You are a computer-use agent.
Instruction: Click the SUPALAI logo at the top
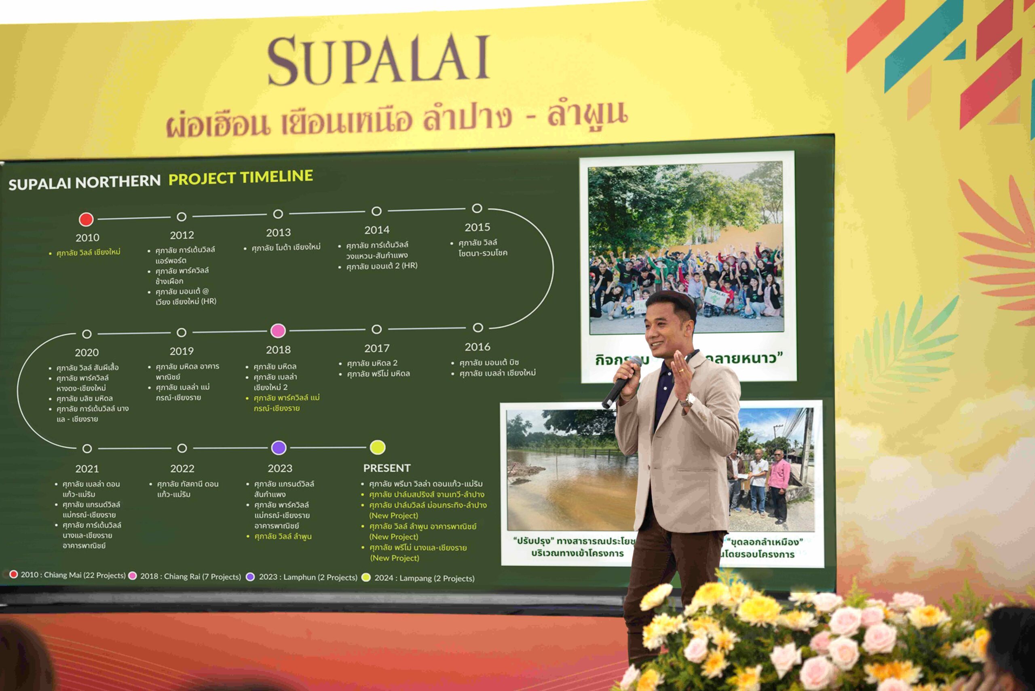(x=379, y=60)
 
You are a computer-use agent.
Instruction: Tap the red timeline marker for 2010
(x=86, y=219)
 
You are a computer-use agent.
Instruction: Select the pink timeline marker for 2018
(x=278, y=330)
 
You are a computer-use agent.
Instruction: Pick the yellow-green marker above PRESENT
(x=378, y=447)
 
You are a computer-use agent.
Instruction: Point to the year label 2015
(x=477, y=227)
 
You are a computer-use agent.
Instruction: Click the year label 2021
(x=87, y=468)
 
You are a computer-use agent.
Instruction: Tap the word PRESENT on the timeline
(x=387, y=468)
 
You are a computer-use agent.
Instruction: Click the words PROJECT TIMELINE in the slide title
(x=241, y=178)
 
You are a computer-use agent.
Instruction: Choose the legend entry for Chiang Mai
(x=73, y=575)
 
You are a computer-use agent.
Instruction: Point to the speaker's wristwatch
(x=689, y=400)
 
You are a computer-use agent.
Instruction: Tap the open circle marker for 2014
(x=376, y=211)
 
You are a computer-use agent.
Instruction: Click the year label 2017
(x=376, y=348)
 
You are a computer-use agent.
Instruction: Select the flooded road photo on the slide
(x=570, y=469)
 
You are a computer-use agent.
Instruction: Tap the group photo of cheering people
(x=686, y=247)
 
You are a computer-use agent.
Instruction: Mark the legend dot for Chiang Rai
(x=132, y=576)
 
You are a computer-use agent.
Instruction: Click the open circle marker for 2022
(x=182, y=448)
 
